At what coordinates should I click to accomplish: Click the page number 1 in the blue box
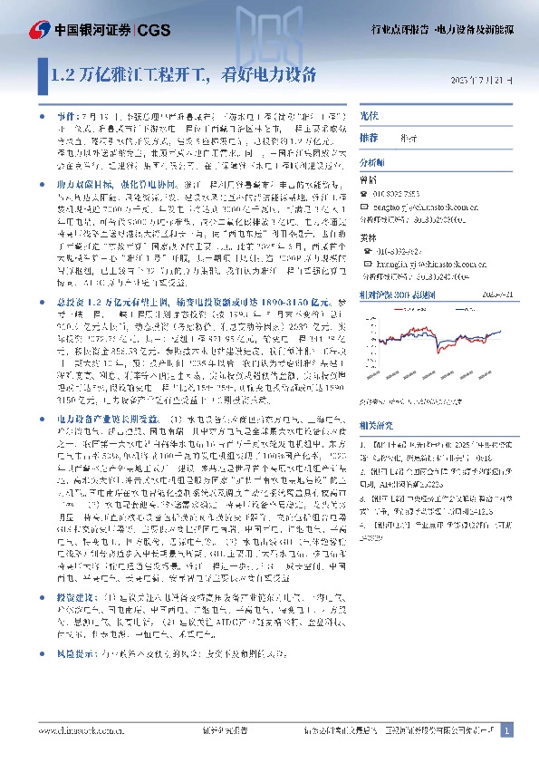pos(506,729)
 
